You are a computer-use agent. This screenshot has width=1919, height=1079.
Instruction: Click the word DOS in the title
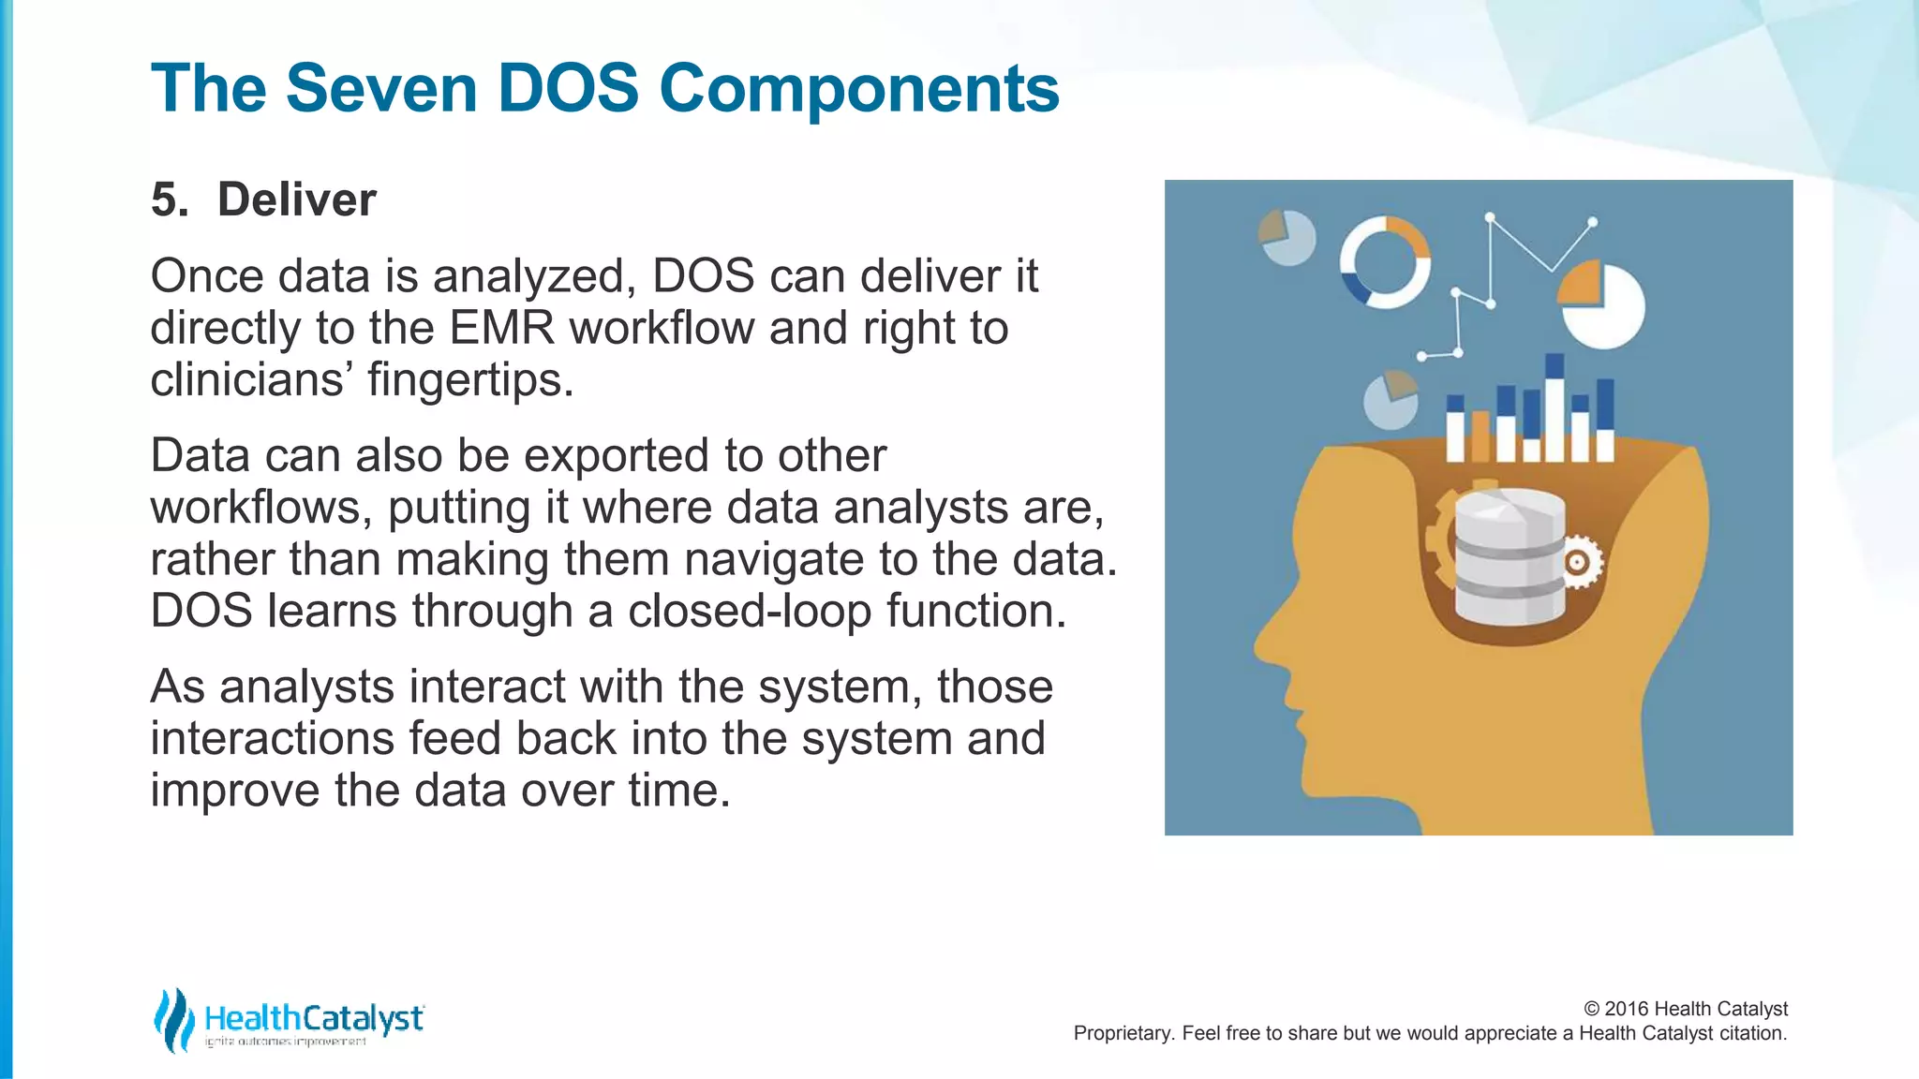point(567,88)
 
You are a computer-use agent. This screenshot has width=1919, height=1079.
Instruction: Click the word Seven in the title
point(380,88)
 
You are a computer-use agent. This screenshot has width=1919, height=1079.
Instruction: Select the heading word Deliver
point(296,200)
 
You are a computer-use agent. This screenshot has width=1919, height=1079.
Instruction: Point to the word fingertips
point(469,380)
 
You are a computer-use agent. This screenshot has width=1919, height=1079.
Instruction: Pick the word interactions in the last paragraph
point(272,738)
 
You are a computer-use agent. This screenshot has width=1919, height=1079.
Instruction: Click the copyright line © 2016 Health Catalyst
point(1685,1009)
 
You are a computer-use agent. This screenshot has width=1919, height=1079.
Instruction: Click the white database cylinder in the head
point(1509,556)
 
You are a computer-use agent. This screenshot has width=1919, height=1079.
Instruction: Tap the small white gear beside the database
point(1579,562)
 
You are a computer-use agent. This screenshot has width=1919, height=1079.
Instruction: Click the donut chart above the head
point(1385,262)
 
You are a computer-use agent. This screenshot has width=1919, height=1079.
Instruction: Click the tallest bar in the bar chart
point(1555,408)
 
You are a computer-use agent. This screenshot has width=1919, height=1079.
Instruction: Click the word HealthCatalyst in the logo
point(313,1018)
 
